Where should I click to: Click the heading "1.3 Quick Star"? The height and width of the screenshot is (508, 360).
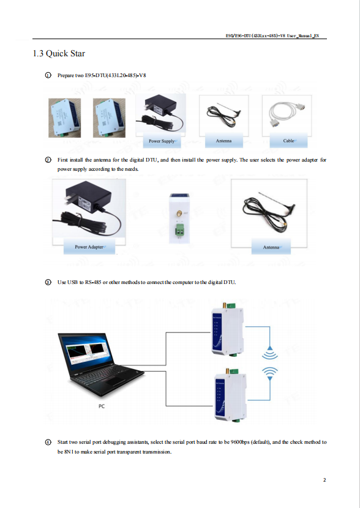pos(59,53)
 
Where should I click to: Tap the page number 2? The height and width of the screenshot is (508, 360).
pos(324,480)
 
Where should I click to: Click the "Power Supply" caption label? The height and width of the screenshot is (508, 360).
pos(162,141)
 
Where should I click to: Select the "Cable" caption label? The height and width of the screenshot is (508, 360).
pos(288,141)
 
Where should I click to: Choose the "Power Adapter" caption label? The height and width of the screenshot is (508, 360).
pos(89,247)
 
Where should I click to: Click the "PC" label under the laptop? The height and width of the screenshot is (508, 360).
pos(102,406)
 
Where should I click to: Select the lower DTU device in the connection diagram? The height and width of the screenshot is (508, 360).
pos(230,395)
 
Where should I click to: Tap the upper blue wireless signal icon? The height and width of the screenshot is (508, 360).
pos(269,353)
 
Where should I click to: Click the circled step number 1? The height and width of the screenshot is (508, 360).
pos(48,75)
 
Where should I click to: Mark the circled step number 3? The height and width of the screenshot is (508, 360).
pos(48,282)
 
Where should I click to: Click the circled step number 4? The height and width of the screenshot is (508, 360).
pos(48,442)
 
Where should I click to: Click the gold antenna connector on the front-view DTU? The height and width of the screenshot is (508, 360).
pos(179,214)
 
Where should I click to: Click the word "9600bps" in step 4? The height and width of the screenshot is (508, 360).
pos(240,442)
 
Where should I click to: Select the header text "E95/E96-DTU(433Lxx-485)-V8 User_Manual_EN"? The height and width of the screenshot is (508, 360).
pos(272,35)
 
